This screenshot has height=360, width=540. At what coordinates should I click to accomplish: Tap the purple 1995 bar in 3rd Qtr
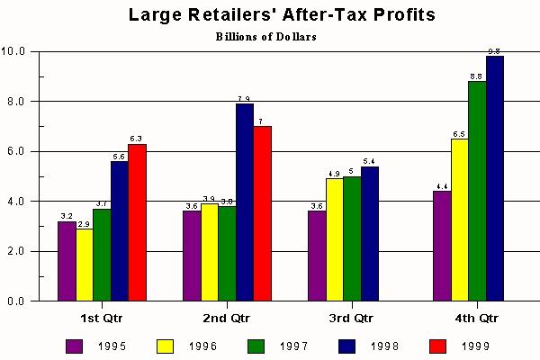point(316,256)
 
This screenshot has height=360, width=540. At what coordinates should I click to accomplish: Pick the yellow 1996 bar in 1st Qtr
point(84,265)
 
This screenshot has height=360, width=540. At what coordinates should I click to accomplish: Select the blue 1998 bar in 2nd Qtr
point(245,202)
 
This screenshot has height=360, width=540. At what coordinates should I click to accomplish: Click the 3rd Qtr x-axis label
point(351,319)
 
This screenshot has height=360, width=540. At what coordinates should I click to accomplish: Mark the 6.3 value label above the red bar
point(136,138)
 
